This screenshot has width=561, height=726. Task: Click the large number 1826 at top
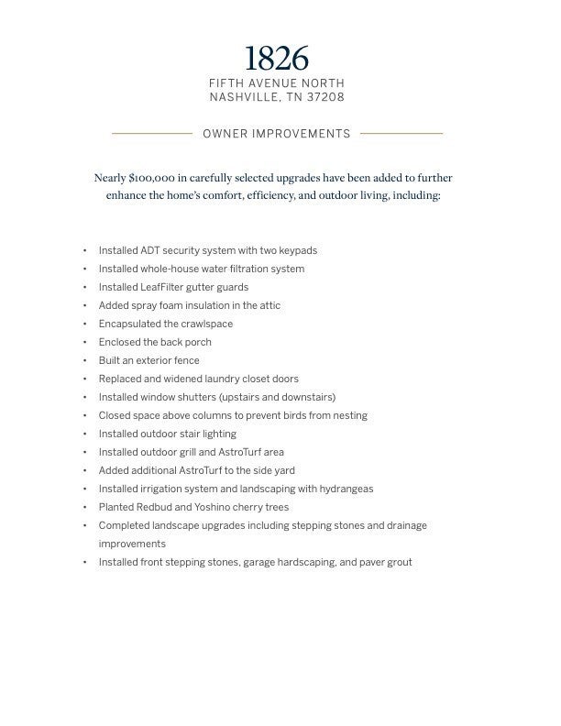tap(277, 59)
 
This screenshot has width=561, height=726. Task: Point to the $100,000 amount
tap(156, 178)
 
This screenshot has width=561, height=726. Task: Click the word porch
tap(196, 342)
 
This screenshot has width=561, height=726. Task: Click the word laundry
tap(223, 379)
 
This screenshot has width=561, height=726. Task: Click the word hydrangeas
tap(341, 489)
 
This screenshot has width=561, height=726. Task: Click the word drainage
tap(406, 525)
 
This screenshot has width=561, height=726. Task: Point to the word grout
tap(400, 562)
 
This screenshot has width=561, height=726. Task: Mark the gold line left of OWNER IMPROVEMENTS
tap(152, 134)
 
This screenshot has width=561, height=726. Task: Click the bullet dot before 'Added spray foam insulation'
tap(84, 305)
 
